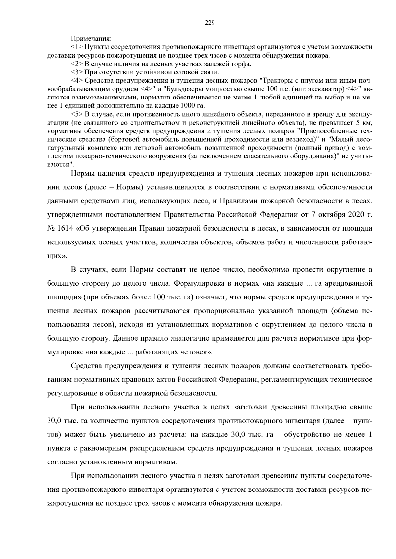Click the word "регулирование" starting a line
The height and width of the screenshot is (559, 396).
[69, 393]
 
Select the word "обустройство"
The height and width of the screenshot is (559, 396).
[306, 434]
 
